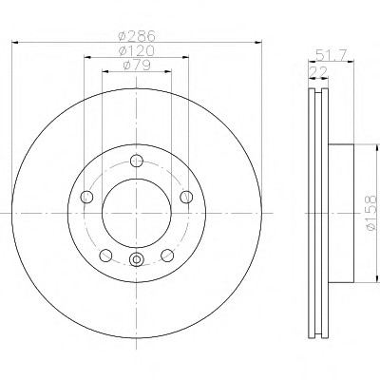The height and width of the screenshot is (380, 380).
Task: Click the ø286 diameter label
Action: tap(137, 35)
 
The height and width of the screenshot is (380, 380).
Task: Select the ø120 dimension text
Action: tap(137, 50)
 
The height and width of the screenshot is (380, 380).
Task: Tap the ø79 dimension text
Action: tap(137, 66)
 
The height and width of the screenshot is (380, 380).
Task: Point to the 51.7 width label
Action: tap(330, 56)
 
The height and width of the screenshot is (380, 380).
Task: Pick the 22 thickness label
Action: tap(318, 72)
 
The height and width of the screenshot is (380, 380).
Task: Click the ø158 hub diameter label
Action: tap(370, 213)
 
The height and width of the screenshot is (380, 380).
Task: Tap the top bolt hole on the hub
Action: tap(137, 161)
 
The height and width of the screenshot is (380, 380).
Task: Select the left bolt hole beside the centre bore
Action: tap(87, 197)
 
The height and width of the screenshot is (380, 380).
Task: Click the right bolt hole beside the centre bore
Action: tap(186, 197)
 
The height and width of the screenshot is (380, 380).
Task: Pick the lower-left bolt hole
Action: tap(105, 256)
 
